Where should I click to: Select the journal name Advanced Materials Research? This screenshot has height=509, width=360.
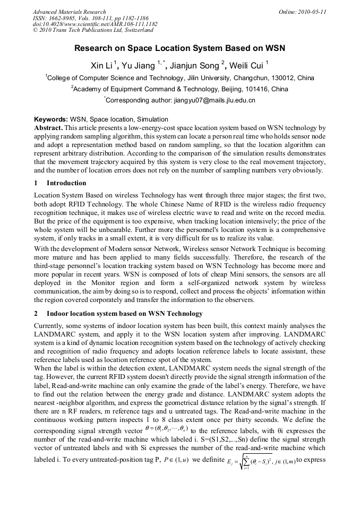tap(69, 12)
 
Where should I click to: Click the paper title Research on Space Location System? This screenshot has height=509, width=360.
tap(179, 48)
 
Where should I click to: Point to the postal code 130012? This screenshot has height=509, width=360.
tap(288, 78)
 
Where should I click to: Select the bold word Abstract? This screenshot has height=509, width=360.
tap(48, 128)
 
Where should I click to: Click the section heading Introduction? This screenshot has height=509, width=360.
tap(66, 183)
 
